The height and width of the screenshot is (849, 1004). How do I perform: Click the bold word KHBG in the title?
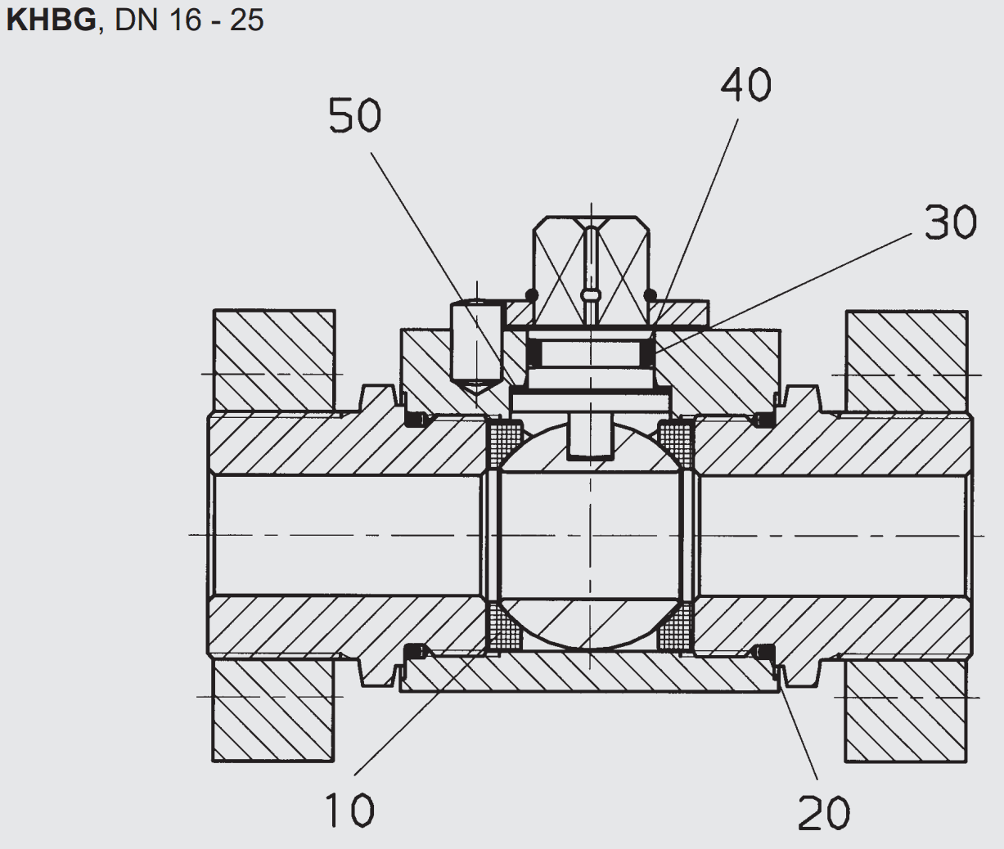pos(51,21)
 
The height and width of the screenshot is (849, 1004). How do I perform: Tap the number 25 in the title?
pos(247,21)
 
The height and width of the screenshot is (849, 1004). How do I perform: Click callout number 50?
pos(355,115)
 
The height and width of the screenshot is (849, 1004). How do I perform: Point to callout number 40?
pos(746,84)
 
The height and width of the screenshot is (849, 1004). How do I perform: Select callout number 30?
pos(951,222)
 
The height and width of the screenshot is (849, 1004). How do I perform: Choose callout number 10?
pos(349,811)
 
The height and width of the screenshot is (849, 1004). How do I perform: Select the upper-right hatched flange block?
pos(907,362)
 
